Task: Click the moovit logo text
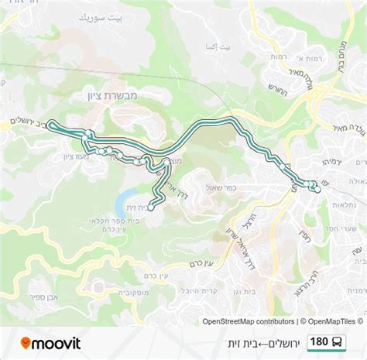pos(58,343)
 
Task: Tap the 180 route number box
pos(317,342)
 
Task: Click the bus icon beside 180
pos(338,342)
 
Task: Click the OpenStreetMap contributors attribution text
pos(248,321)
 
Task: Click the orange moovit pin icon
pos(26,343)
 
